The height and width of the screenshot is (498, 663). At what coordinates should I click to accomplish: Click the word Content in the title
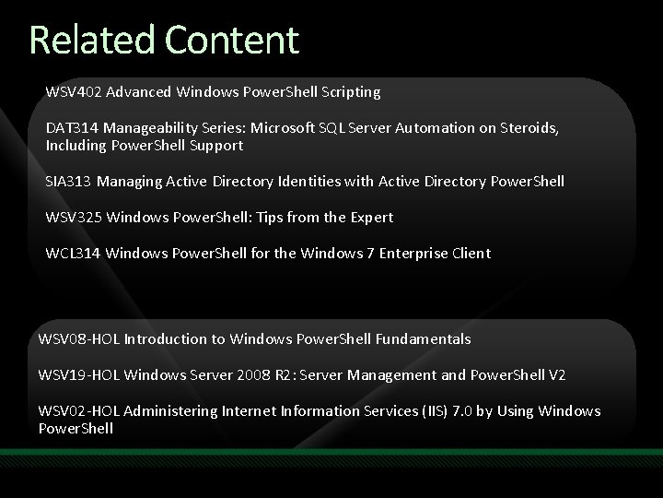pos(232,40)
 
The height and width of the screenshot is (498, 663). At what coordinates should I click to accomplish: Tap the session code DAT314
pos(70,129)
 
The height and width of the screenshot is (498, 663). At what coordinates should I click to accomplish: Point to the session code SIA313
pos(68,182)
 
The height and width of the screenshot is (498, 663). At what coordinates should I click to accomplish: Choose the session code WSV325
pos(73,218)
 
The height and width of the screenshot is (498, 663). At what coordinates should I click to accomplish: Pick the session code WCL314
pos(72,254)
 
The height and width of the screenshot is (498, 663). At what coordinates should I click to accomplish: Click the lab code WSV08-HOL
pos(79,339)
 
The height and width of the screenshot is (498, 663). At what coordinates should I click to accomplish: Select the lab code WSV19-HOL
pos(79,375)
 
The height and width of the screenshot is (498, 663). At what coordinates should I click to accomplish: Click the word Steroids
pos(526,129)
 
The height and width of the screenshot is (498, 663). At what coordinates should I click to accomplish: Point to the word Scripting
pos(350,92)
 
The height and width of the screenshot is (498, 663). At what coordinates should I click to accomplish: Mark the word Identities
pos(281,182)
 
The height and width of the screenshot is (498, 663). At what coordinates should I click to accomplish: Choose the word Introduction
pos(167,339)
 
